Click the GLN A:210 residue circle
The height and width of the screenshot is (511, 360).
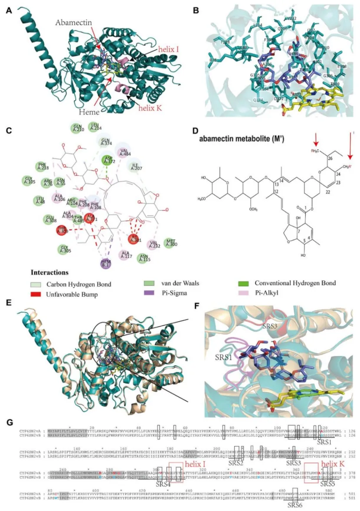(x=78, y=129)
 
